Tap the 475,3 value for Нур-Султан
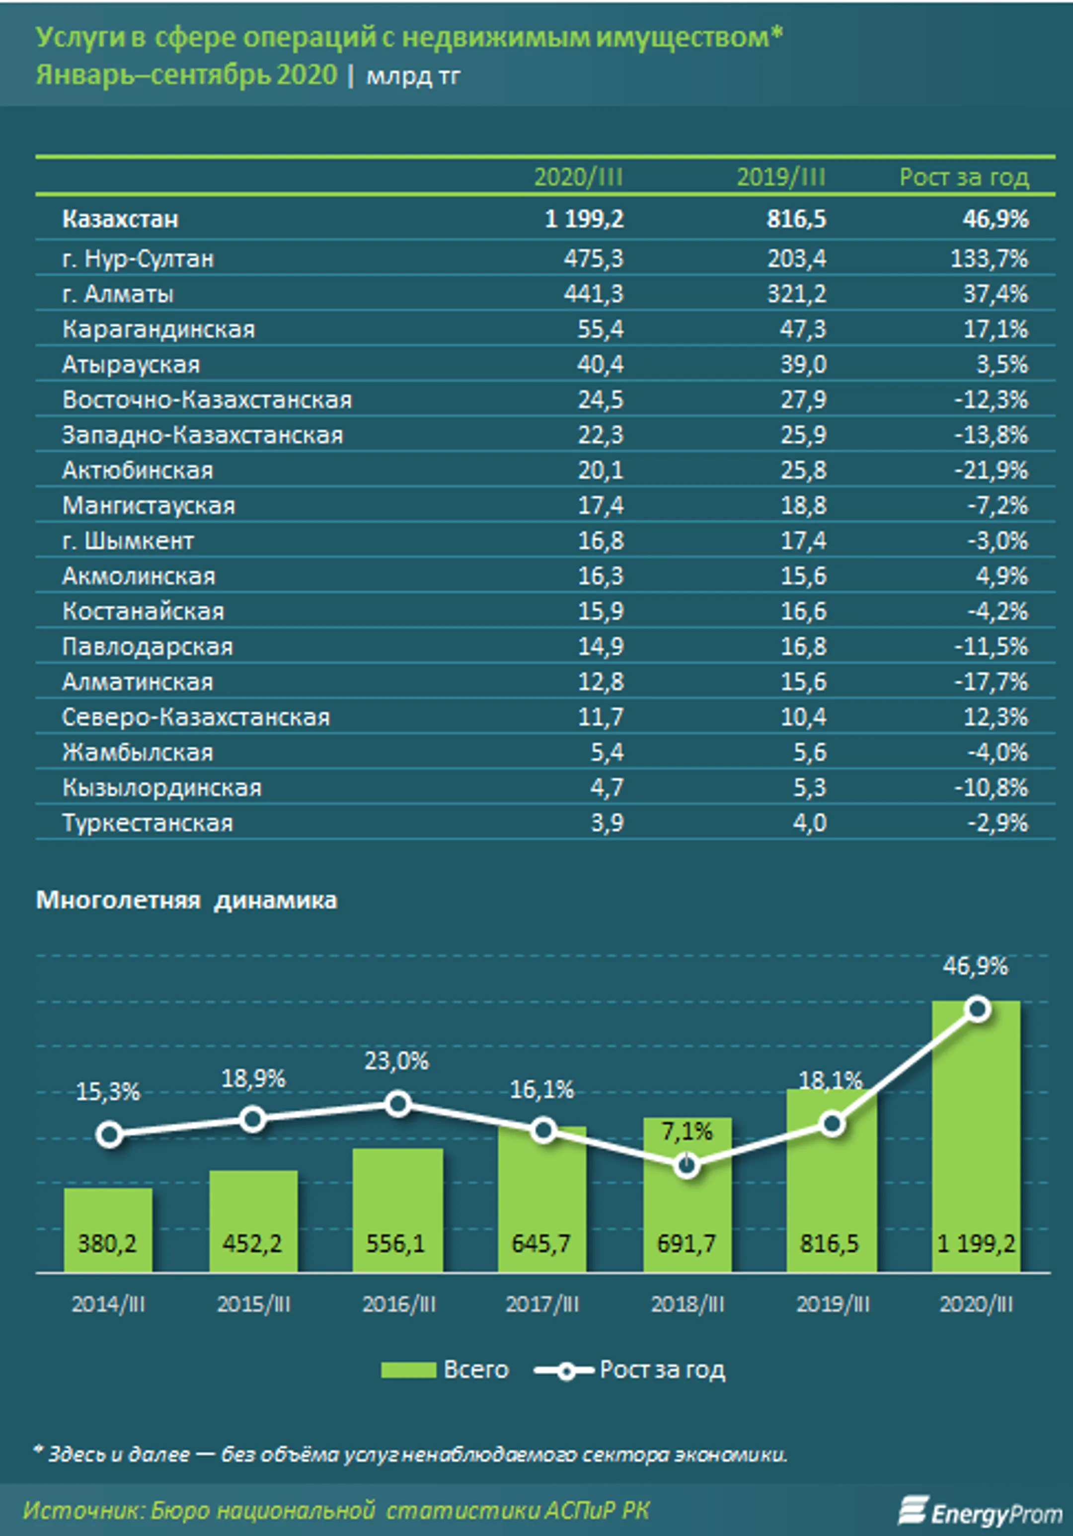593,258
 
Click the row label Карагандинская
158,329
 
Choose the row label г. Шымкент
128,541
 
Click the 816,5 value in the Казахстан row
796,219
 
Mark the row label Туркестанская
147,823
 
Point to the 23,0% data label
397,1061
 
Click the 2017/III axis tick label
542,1304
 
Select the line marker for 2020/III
977,1009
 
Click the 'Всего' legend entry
445,1370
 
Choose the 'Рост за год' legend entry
629,1370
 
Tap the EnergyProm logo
980,1511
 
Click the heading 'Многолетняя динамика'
187,900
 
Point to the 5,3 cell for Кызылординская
810,788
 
